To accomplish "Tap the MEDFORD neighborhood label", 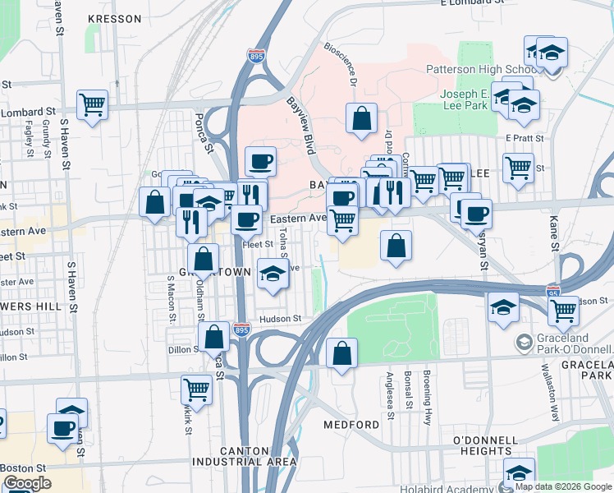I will pos(351,425).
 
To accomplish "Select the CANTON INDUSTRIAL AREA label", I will pos(258,456).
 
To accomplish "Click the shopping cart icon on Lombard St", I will pos(93,104).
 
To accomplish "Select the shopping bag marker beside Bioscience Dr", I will pos(361,118).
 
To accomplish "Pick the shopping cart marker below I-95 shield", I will pos(563,310).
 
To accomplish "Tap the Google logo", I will pos(28,483).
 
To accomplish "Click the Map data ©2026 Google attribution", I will pos(561,486).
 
